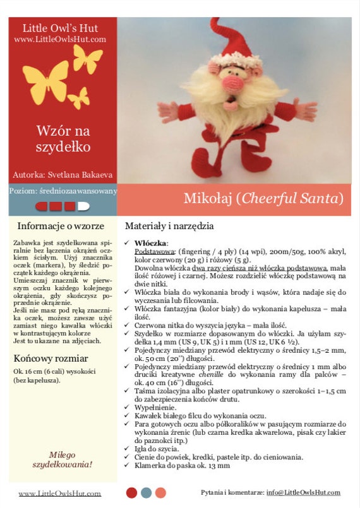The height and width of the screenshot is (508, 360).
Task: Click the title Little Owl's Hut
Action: pos(60,28)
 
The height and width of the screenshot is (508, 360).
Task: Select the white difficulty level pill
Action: pos(83,206)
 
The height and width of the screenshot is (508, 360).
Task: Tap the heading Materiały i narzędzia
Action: pos(169,225)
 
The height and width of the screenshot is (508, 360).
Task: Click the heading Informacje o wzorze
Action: pos(60,225)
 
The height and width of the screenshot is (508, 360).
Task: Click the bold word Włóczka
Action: pos(150,243)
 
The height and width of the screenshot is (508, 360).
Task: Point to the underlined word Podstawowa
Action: pos(150,251)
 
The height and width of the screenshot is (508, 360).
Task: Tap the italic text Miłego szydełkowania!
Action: pos(62,459)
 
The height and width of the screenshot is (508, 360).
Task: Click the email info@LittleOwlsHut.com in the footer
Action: pos(303,492)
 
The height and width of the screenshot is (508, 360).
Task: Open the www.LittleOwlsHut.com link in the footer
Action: pos(59,493)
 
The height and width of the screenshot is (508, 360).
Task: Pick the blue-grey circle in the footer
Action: pos(146,492)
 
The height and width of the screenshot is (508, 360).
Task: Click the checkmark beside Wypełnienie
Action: pos(128,408)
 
